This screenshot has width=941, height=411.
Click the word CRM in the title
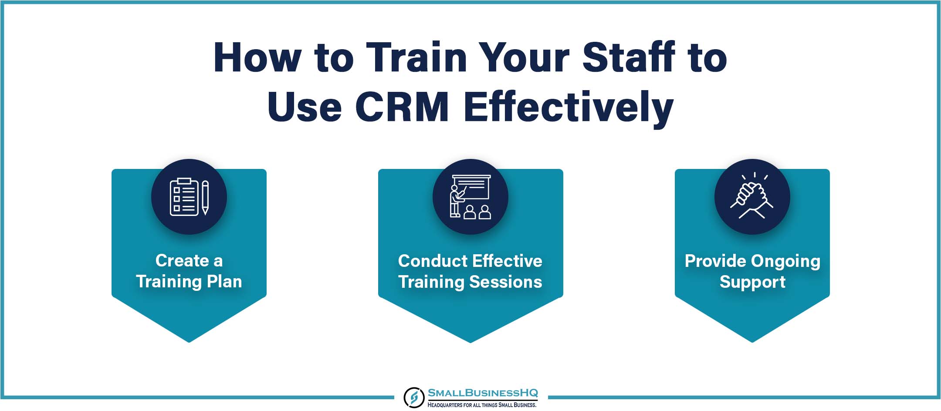(x=402, y=107)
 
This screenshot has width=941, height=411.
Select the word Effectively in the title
(x=569, y=108)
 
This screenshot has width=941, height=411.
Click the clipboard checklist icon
(x=184, y=197)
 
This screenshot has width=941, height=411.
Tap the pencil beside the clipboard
(x=205, y=197)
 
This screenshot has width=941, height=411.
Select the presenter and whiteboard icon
(x=470, y=197)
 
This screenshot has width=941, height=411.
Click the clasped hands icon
(x=752, y=196)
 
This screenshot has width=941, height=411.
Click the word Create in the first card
(x=182, y=260)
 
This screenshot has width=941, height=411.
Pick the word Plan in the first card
(x=224, y=281)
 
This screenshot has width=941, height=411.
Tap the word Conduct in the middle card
(x=433, y=261)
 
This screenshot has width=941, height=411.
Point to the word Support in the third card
(x=752, y=282)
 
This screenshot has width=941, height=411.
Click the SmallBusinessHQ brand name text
(x=483, y=393)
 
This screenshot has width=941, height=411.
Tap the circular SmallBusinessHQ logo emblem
(x=414, y=397)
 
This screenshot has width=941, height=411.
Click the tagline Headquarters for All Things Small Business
(x=482, y=405)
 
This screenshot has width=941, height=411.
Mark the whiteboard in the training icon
(x=471, y=188)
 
